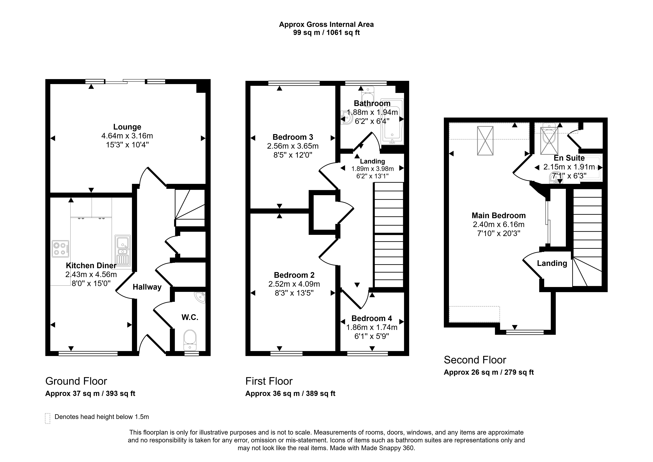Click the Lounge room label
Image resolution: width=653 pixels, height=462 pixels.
tap(127, 127)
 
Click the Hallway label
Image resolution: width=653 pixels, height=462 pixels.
tap(147, 287)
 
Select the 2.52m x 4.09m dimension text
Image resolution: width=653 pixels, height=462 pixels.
tap(294, 284)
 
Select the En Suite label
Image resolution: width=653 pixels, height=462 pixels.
tap(569, 158)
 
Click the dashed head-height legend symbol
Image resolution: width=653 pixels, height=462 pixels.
tap(47, 418)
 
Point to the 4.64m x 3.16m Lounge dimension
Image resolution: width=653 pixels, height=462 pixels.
tap(127, 136)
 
